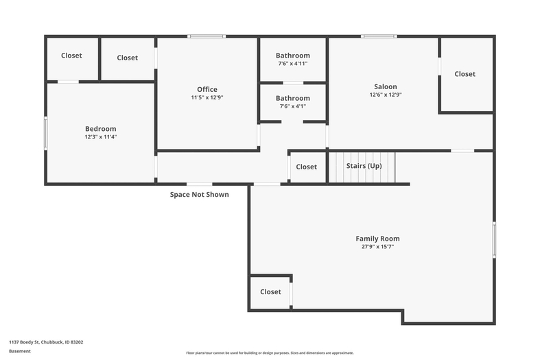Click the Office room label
(x=207, y=89)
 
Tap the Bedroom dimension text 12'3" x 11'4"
(x=101, y=136)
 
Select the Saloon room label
(x=386, y=86)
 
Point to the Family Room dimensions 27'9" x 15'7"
(x=377, y=246)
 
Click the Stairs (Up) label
(x=364, y=166)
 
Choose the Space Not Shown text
(x=200, y=195)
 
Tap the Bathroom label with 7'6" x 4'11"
(x=293, y=56)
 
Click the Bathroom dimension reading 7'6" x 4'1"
(x=293, y=106)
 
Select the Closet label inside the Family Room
(x=270, y=292)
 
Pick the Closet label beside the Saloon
(x=465, y=74)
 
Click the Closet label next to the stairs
(x=306, y=167)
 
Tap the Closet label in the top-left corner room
(x=71, y=56)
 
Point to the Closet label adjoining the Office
(x=127, y=58)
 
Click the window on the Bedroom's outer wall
(x=45, y=133)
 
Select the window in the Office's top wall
(x=207, y=36)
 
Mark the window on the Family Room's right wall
(x=494, y=240)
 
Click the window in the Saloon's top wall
(x=379, y=36)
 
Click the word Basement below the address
(x=20, y=351)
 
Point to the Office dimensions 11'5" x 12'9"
(x=207, y=97)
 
